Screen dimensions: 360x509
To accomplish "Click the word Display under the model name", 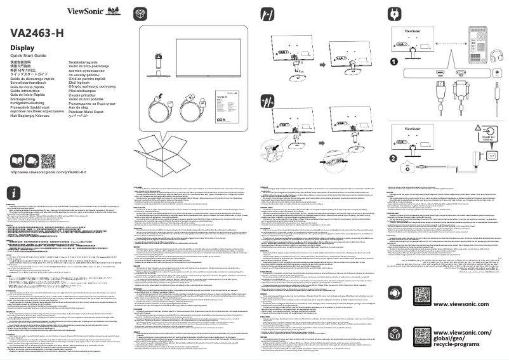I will tap(22, 48).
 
